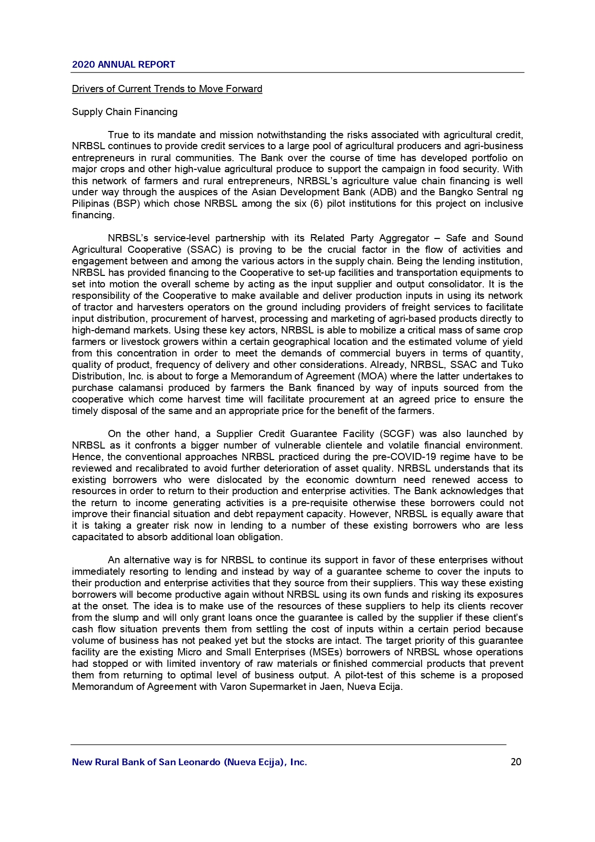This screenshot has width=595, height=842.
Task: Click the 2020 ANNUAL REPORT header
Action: point(123,65)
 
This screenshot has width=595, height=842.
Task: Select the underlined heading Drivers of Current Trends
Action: point(167,89)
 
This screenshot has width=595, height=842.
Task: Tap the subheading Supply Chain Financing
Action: point(125,112)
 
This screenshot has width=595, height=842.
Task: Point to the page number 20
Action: point(516,762)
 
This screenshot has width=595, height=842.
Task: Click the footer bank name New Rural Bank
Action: point(189,762)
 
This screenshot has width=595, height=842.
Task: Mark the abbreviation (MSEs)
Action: point(326,652)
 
